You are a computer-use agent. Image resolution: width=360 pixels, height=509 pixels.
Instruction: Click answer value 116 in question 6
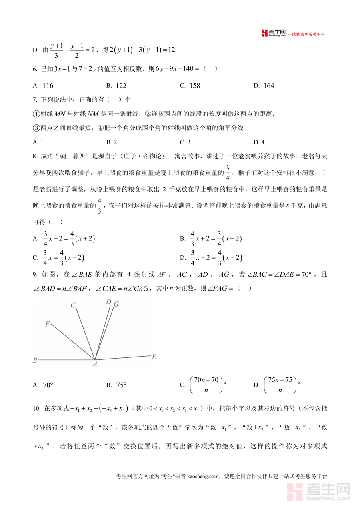tap(48, 86)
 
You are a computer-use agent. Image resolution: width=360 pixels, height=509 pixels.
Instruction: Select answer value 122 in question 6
tap(121, 86)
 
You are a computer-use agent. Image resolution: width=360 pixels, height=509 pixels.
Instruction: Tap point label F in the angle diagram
tap(47, 324)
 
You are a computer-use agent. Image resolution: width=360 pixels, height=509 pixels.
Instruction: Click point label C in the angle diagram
tap(73, 305)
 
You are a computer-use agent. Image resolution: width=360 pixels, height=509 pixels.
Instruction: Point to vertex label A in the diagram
tap(95, 364)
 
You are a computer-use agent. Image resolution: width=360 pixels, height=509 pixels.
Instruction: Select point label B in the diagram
tap(35, 360)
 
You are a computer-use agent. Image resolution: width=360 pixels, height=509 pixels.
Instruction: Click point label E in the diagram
tap(154, 357)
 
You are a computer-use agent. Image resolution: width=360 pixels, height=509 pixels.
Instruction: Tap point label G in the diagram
tap(116, 304)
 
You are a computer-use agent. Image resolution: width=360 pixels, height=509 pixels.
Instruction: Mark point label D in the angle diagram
tap(108, 302)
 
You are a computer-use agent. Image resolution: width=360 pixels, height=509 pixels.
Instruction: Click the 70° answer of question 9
tap(48, 385)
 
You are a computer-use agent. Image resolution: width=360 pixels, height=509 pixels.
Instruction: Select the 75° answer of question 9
tap(121, 385)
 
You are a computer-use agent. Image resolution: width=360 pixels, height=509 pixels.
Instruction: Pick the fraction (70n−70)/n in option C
tap(206, 385)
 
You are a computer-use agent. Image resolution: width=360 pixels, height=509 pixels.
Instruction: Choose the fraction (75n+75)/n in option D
tap(280, 385)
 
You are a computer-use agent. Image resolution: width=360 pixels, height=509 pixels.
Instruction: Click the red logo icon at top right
tap(264, 34)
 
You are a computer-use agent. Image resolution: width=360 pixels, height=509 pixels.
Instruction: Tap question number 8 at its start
tap(35, 156)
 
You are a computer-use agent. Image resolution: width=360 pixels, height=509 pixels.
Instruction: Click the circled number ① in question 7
tap(35, 114)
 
